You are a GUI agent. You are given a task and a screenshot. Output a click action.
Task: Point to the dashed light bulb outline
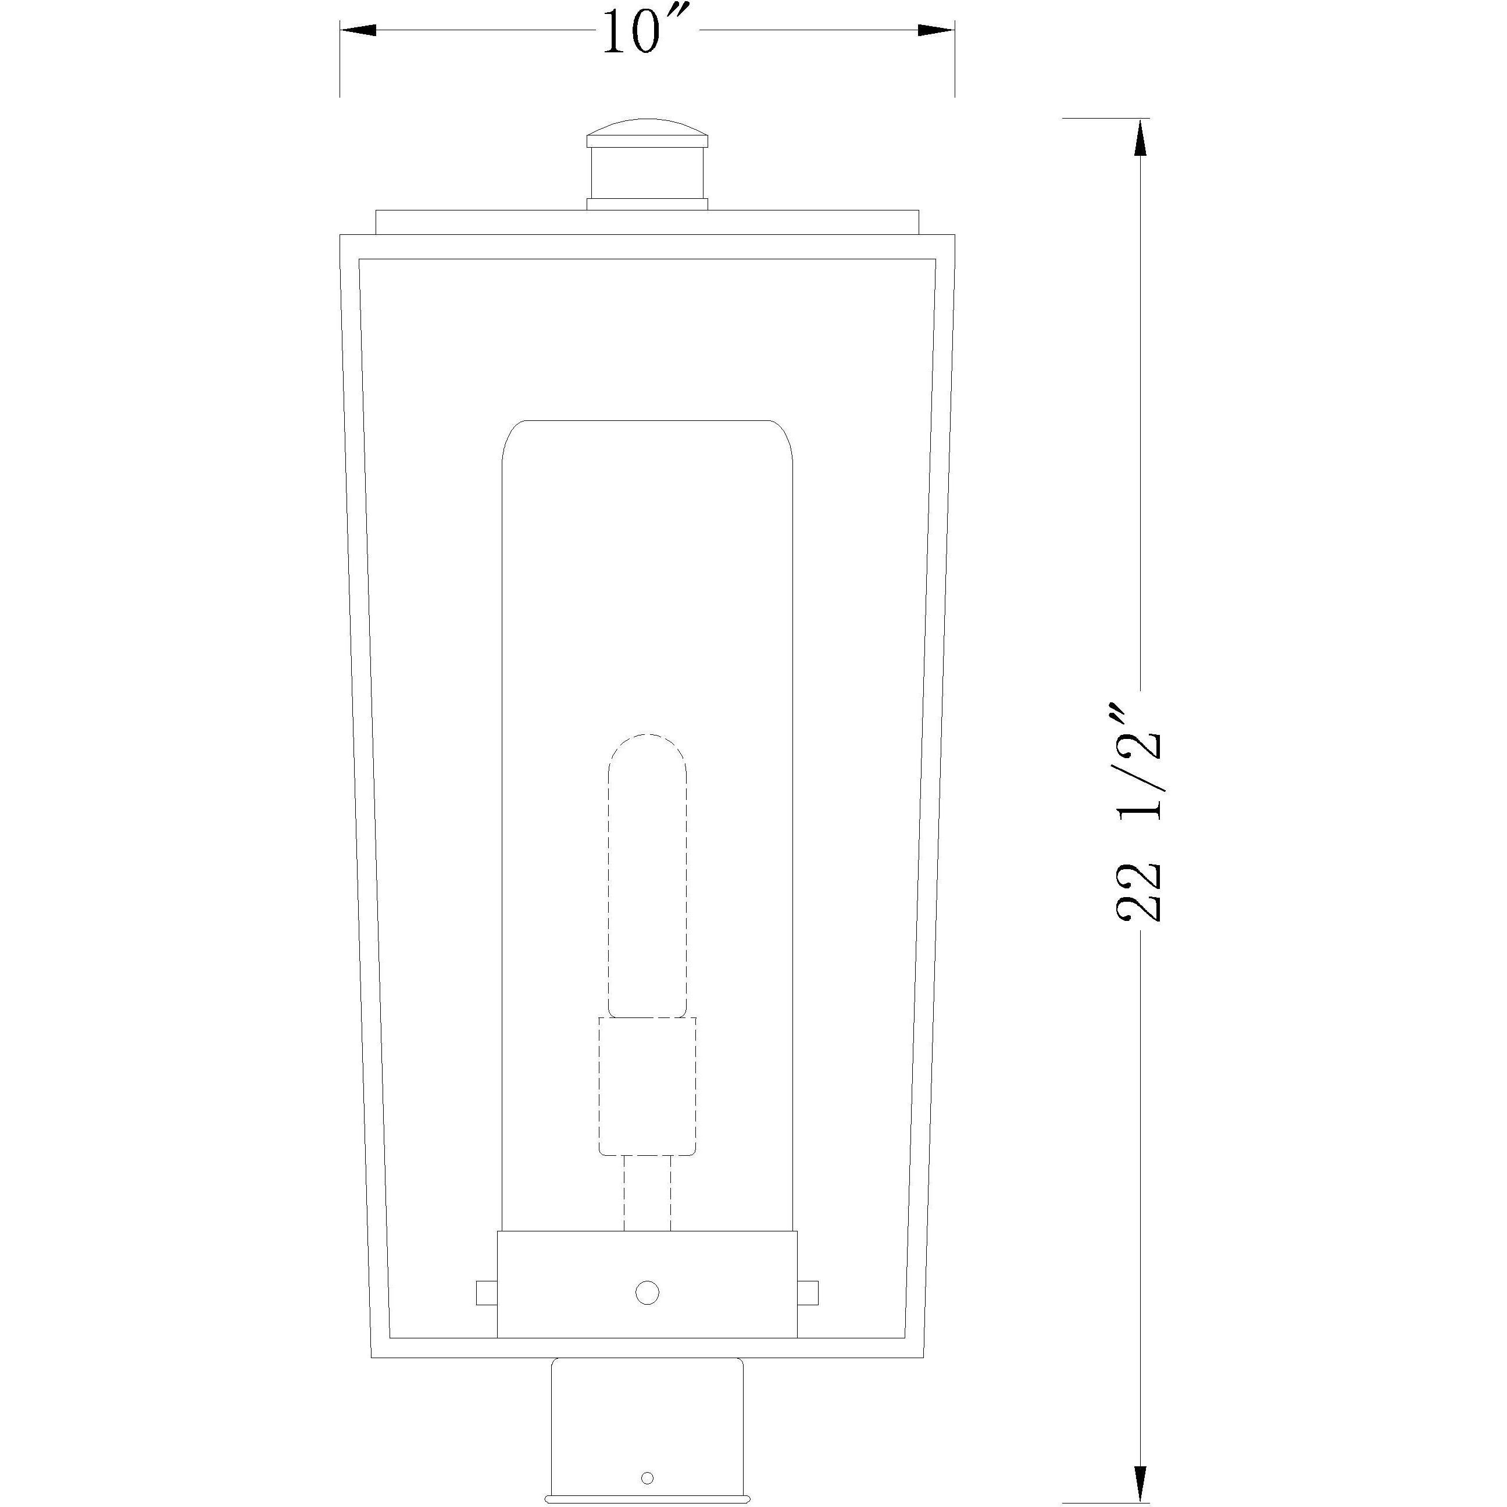point(648,874)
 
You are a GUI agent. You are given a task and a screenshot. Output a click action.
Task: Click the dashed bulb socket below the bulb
point(648,1084)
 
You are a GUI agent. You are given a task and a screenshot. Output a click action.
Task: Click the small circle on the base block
point(648,1292)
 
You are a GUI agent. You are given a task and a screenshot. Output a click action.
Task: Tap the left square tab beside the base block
point(487,1292)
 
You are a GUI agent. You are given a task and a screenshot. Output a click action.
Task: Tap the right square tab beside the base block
point(808,1292)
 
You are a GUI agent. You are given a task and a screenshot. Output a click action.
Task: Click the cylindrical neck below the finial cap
point(648,173)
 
